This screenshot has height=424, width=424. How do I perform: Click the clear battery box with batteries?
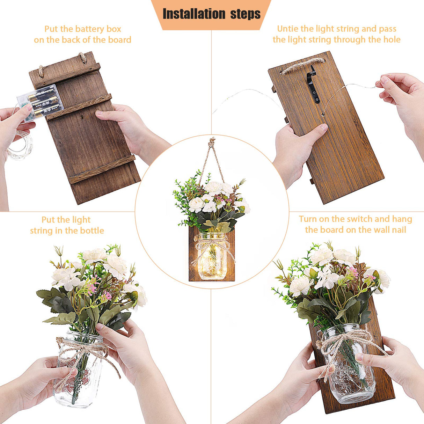point(40,102)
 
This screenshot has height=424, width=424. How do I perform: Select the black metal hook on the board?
point(313,86)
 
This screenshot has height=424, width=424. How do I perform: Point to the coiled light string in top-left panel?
point(20,145)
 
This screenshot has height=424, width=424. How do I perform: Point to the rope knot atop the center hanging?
point(212,142)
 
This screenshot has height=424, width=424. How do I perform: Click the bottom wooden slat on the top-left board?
point(102,169)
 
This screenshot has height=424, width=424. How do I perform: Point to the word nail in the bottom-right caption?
point(398,230)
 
